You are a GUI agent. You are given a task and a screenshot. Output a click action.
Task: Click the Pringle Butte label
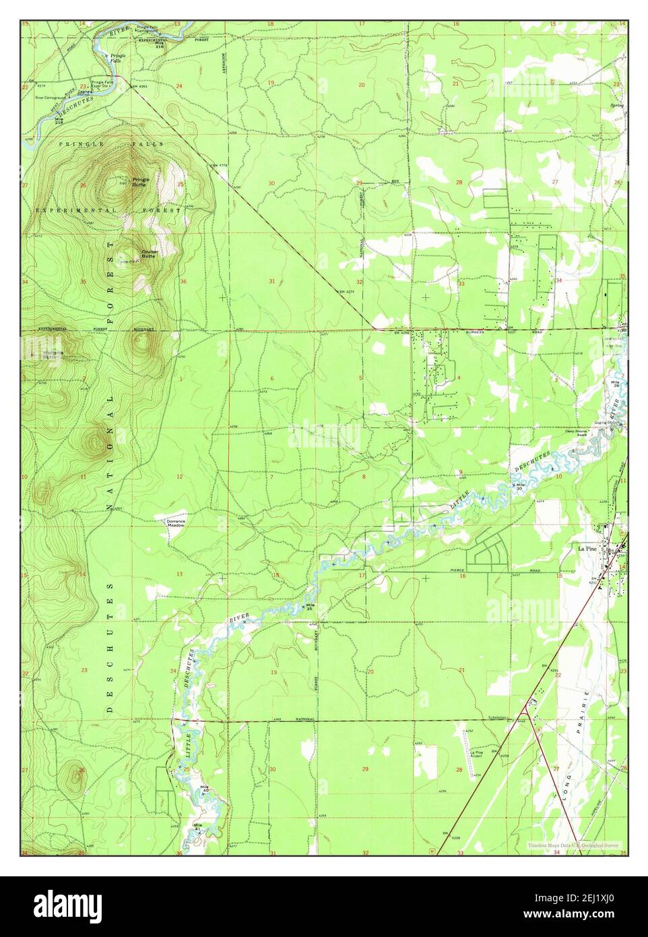(x=140, y=181)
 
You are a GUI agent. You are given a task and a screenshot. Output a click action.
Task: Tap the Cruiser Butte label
(x=149, y=253)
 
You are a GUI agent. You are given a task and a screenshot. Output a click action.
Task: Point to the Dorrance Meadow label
(x=171, y=522)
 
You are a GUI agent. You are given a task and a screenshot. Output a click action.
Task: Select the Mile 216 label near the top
(x=159, y=46)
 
